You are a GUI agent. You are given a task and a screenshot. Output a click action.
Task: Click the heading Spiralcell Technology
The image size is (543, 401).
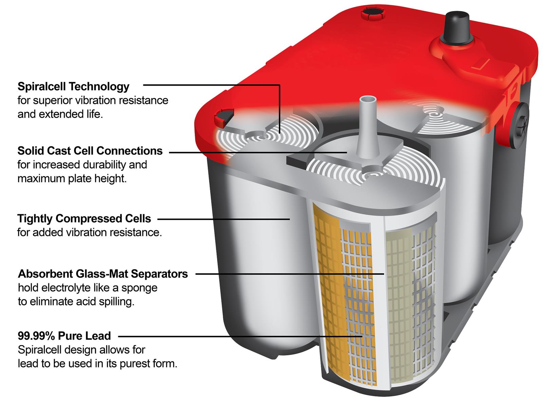click(73, 86)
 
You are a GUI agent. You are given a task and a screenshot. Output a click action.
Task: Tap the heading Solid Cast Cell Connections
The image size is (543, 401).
click(90, 151)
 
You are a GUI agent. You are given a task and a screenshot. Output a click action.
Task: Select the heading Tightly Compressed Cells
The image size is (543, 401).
click(84, 218)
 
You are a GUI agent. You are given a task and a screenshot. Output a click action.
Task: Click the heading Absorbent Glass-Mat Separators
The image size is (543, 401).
click(102, 274)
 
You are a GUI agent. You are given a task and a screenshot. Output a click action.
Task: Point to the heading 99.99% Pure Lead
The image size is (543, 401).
click(64, 336)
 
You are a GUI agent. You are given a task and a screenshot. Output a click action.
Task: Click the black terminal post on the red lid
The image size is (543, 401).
click(457, 25)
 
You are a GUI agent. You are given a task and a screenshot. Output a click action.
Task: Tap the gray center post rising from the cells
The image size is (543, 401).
click(368, 129)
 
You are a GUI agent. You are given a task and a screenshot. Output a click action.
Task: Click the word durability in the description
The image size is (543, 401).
click(107, 165)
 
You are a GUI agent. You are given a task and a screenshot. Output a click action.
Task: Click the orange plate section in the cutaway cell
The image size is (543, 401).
click(327, 288)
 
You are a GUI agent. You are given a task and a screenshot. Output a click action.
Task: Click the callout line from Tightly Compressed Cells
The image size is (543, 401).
click(224, 219)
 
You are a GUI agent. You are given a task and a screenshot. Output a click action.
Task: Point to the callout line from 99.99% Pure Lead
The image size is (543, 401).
click(238, 336)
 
